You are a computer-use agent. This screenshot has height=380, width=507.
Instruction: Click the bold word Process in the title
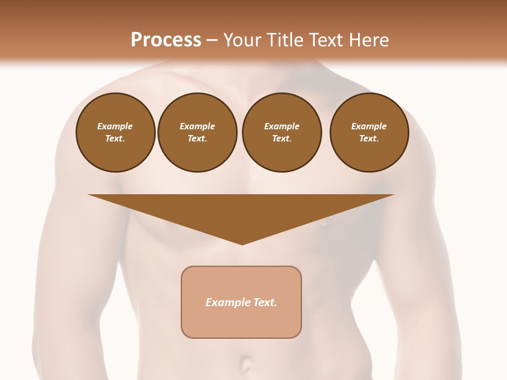[166, 40]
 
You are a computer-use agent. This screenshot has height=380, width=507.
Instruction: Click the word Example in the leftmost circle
[115, 126]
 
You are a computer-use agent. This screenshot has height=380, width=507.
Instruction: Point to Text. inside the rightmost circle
[369, 138]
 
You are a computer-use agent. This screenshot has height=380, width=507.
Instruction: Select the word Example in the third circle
[281, 126]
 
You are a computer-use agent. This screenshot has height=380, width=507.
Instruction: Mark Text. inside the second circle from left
[197, 138]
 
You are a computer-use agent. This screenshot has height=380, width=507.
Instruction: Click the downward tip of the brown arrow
[242, 243]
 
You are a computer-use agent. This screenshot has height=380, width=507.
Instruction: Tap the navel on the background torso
[246, 364]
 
